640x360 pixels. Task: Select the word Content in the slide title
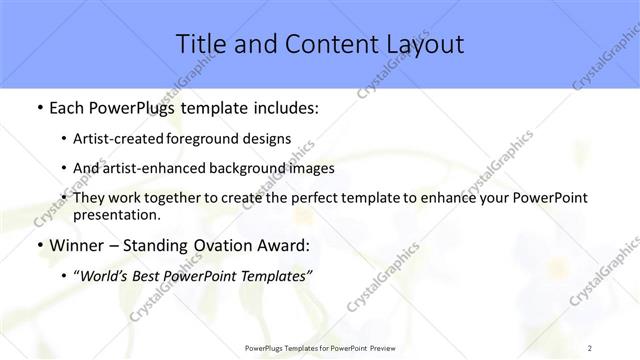point(318,44)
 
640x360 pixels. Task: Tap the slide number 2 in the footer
point(590,347)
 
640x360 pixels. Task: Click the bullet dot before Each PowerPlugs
point(38,106)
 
